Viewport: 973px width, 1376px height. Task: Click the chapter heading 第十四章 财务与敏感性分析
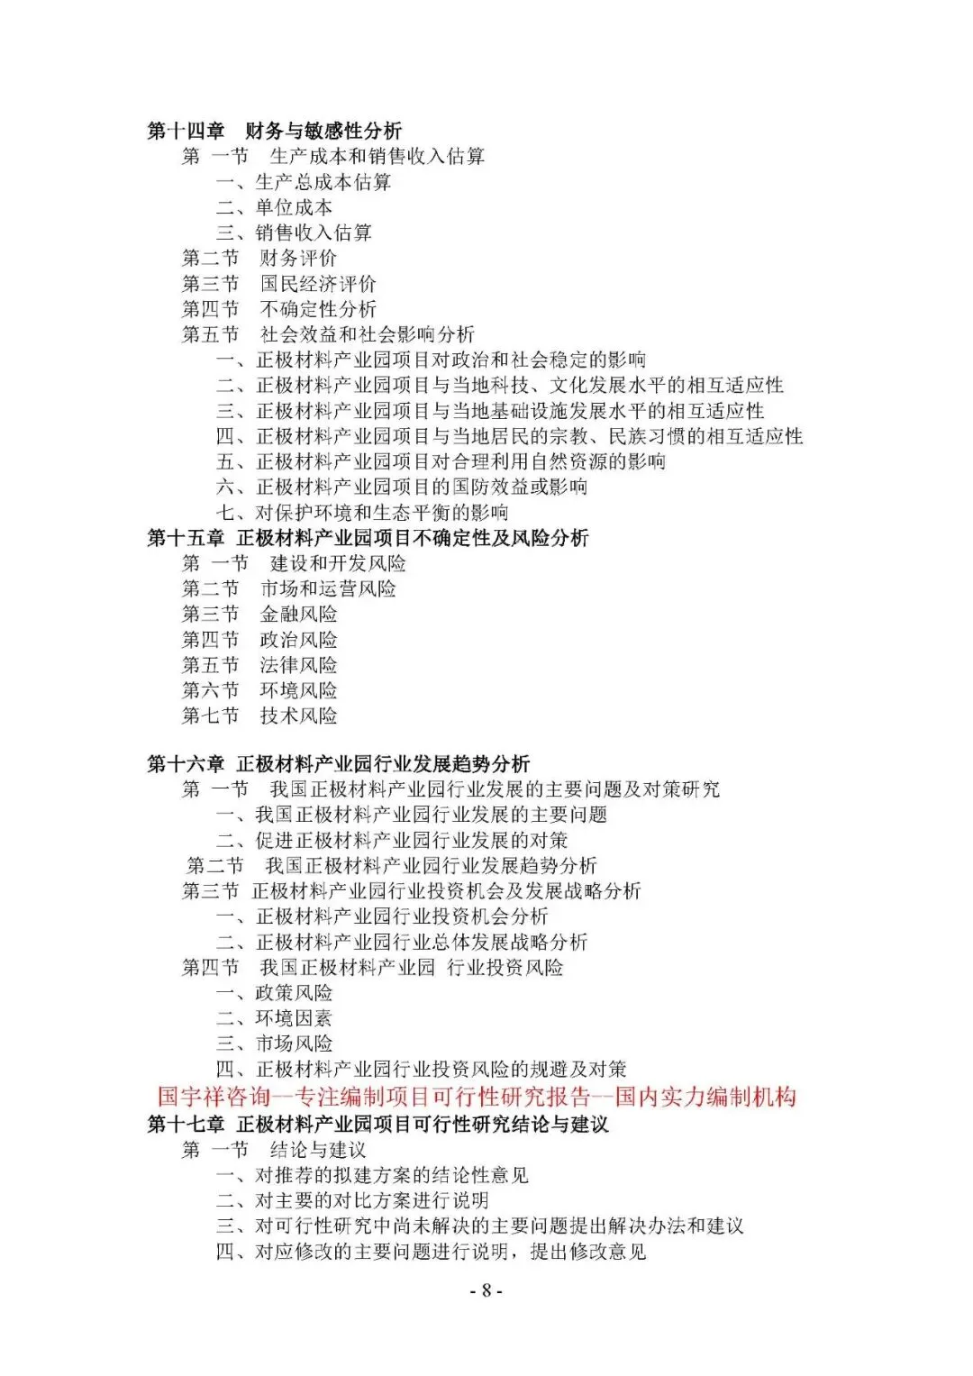pyautogui.click(x=274, y=131)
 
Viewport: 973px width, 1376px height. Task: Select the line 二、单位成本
pyautogui.click(x=274, y=207)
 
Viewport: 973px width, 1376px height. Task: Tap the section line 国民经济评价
pyautogui.click(x=278, y=284)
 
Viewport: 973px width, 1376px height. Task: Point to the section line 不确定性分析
pyautogui.click(x=278, y=309)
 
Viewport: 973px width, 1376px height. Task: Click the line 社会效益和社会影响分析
pyautogui.click(x=328, y=334)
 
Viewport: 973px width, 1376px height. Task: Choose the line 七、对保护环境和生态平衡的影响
pyautogui.click(x=362, y=513)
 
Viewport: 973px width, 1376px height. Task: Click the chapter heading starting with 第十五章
pyautogui.click(x=368, y=538)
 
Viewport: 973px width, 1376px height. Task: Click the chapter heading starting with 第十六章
pyautogui.click(x=339, y=764)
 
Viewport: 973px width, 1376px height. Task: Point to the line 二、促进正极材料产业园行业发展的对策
pyautogui.click(x=392, y=841)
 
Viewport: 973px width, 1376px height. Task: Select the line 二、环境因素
pyautogui.click(x=274, y=1018)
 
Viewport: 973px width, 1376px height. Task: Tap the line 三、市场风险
pyautogui.click(x=274, y=1043)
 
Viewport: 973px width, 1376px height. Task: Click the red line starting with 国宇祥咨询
pyautogui.click(x=477, y=1097)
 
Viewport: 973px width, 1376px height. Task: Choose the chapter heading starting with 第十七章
pyautogui.click(x=377, y=1124)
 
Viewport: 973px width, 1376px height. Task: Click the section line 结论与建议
pyautogui.click(x=274, y=1150)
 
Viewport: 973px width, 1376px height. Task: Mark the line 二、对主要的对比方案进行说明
pyautogui.click(x=352, y=1200)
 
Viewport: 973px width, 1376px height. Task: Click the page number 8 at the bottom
pyautogui.click(x=486, y=1290)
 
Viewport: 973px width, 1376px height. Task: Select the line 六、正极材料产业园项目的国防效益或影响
pyautogui.click(x=402, y=487)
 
